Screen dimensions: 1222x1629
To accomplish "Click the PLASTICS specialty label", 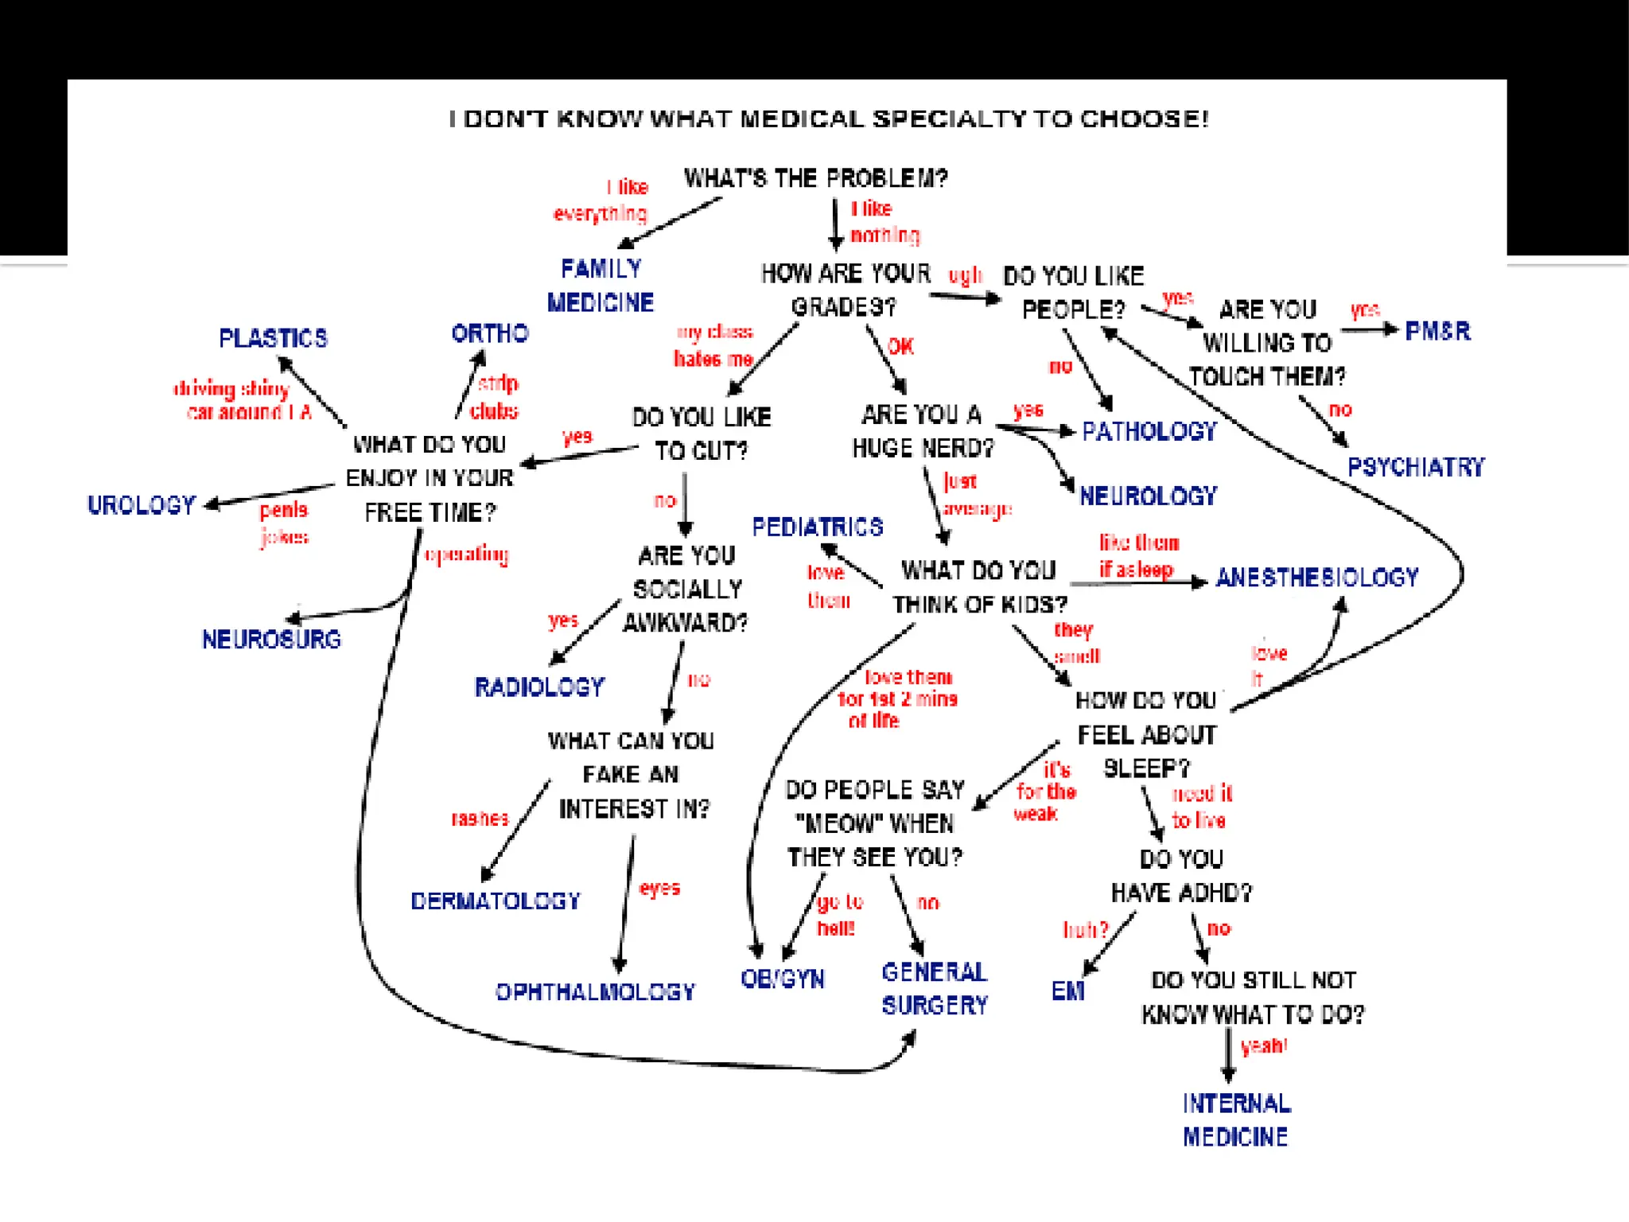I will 273,338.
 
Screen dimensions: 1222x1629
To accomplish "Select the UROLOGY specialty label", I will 142,505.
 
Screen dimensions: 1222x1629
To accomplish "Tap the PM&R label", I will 1437,331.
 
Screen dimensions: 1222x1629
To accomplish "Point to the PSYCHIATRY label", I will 1416,467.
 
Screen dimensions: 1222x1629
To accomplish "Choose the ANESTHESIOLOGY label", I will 1317,578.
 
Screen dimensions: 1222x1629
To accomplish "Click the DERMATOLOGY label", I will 496,901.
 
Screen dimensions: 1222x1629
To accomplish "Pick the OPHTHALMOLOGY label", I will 595,992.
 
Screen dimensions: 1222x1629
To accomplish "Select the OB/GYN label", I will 783,979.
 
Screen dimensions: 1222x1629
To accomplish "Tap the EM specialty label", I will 1067,991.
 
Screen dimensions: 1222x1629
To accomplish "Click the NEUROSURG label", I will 271,640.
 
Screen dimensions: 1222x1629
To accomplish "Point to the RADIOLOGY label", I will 539,687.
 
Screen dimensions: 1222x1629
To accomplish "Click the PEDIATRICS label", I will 818,527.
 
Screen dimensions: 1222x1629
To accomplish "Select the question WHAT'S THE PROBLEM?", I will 816,178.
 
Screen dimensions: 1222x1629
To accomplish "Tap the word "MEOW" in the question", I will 834,823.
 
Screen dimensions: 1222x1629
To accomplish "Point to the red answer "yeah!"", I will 1264,1045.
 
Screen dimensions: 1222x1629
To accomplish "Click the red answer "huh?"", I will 1085,929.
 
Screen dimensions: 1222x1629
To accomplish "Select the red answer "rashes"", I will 480,819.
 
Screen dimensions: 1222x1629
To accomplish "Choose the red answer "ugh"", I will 965,276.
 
